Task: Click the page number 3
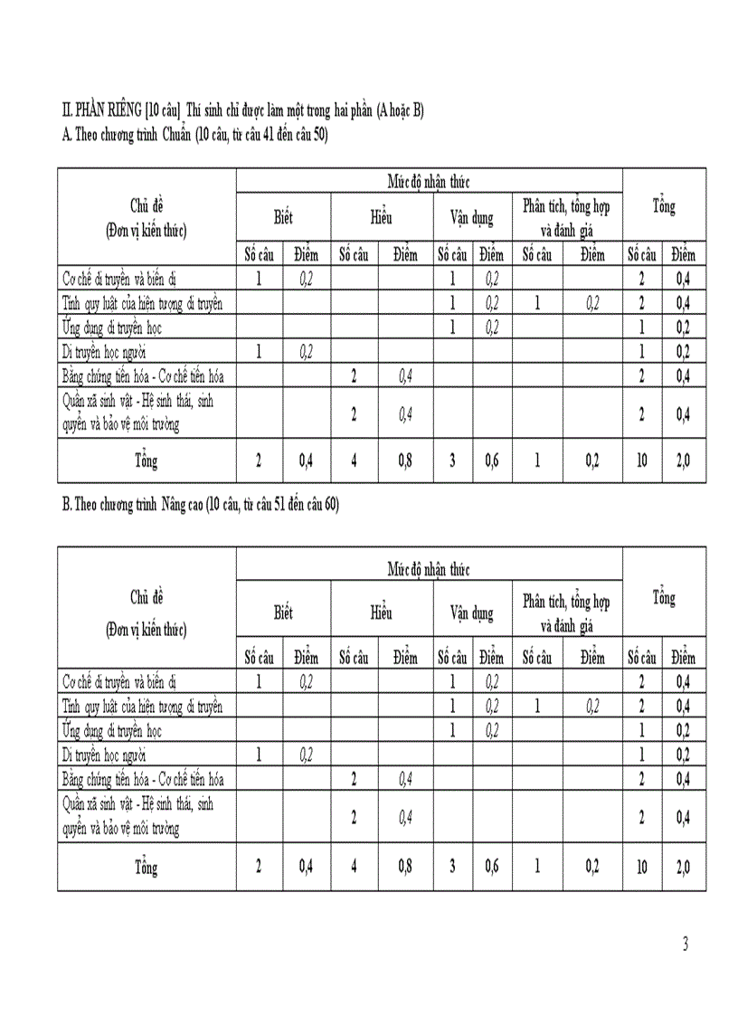coord(686,945)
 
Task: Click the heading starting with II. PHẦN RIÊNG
coord(242,110)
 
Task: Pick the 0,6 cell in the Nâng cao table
coord(491,866)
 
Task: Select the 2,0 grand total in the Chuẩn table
coord(683,461)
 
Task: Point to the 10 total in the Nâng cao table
coord(641,866)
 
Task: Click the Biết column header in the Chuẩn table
coord(283,218)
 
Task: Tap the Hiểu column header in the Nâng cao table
coord(380,613)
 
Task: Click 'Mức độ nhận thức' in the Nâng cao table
coord(429,569)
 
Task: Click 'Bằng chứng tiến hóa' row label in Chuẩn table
coord(143,375)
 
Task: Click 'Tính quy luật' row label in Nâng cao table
coord(142,706)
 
